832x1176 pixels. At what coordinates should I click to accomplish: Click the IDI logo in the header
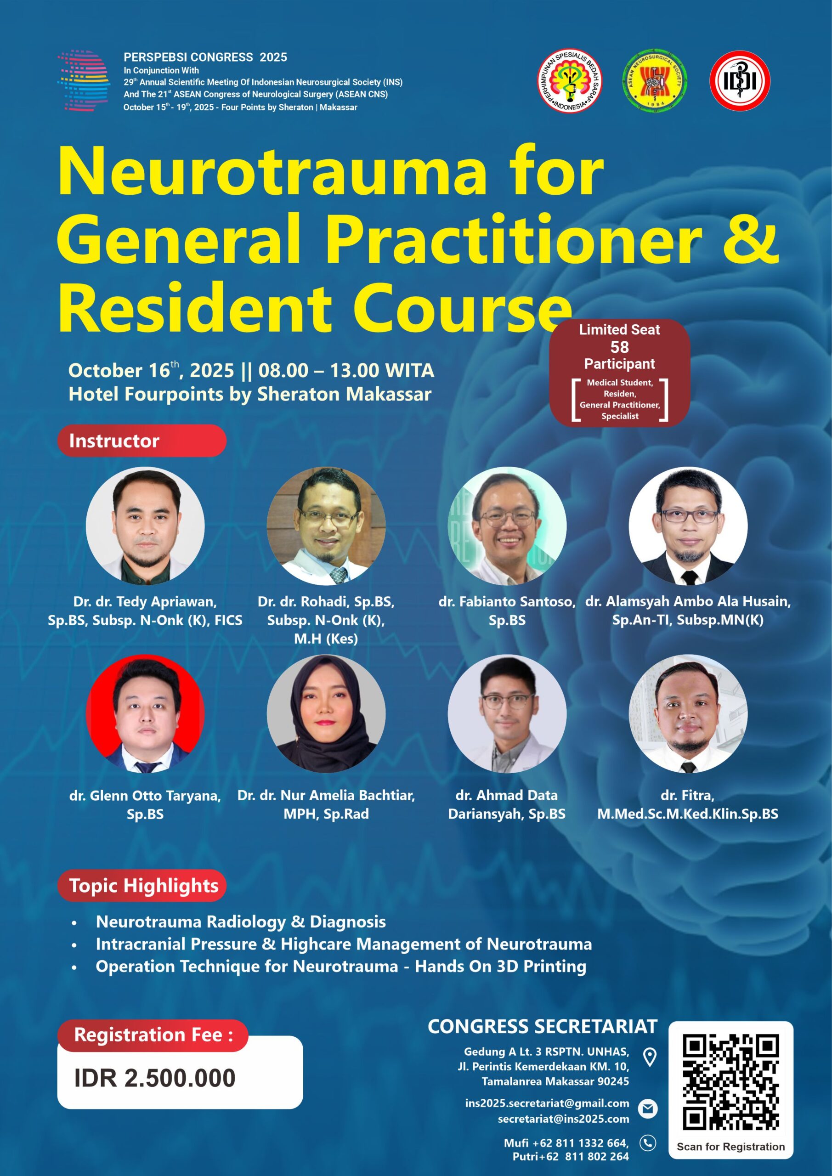click(x=740, y=80)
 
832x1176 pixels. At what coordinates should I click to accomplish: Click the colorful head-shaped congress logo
click(x=84, y=80)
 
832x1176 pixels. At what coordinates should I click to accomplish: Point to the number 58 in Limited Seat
click(x=619, y=347)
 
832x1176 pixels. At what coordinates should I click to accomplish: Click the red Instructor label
click(x=141, y=441)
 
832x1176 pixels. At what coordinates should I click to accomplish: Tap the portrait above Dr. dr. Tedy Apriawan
click(x=145, y=526)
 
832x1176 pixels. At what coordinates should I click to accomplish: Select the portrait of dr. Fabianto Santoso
click(x=507, y=526)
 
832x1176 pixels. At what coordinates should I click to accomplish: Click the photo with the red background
click(x=145, y=713)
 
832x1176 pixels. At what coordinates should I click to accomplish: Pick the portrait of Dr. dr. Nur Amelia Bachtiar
click(x=326, y=713)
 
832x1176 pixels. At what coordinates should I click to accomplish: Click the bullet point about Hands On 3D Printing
click(x=341, y=967)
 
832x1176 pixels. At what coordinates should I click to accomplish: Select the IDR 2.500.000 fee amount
click(x=155, y=1078)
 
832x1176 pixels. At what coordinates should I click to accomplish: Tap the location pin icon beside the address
click(x=650, y=1057)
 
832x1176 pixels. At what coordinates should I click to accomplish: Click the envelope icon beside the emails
click(x=648, y=1109)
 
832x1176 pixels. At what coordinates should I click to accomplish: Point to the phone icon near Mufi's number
click(x=648, y=1143)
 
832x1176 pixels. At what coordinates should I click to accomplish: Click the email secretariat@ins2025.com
click(x=564, y=1119)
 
